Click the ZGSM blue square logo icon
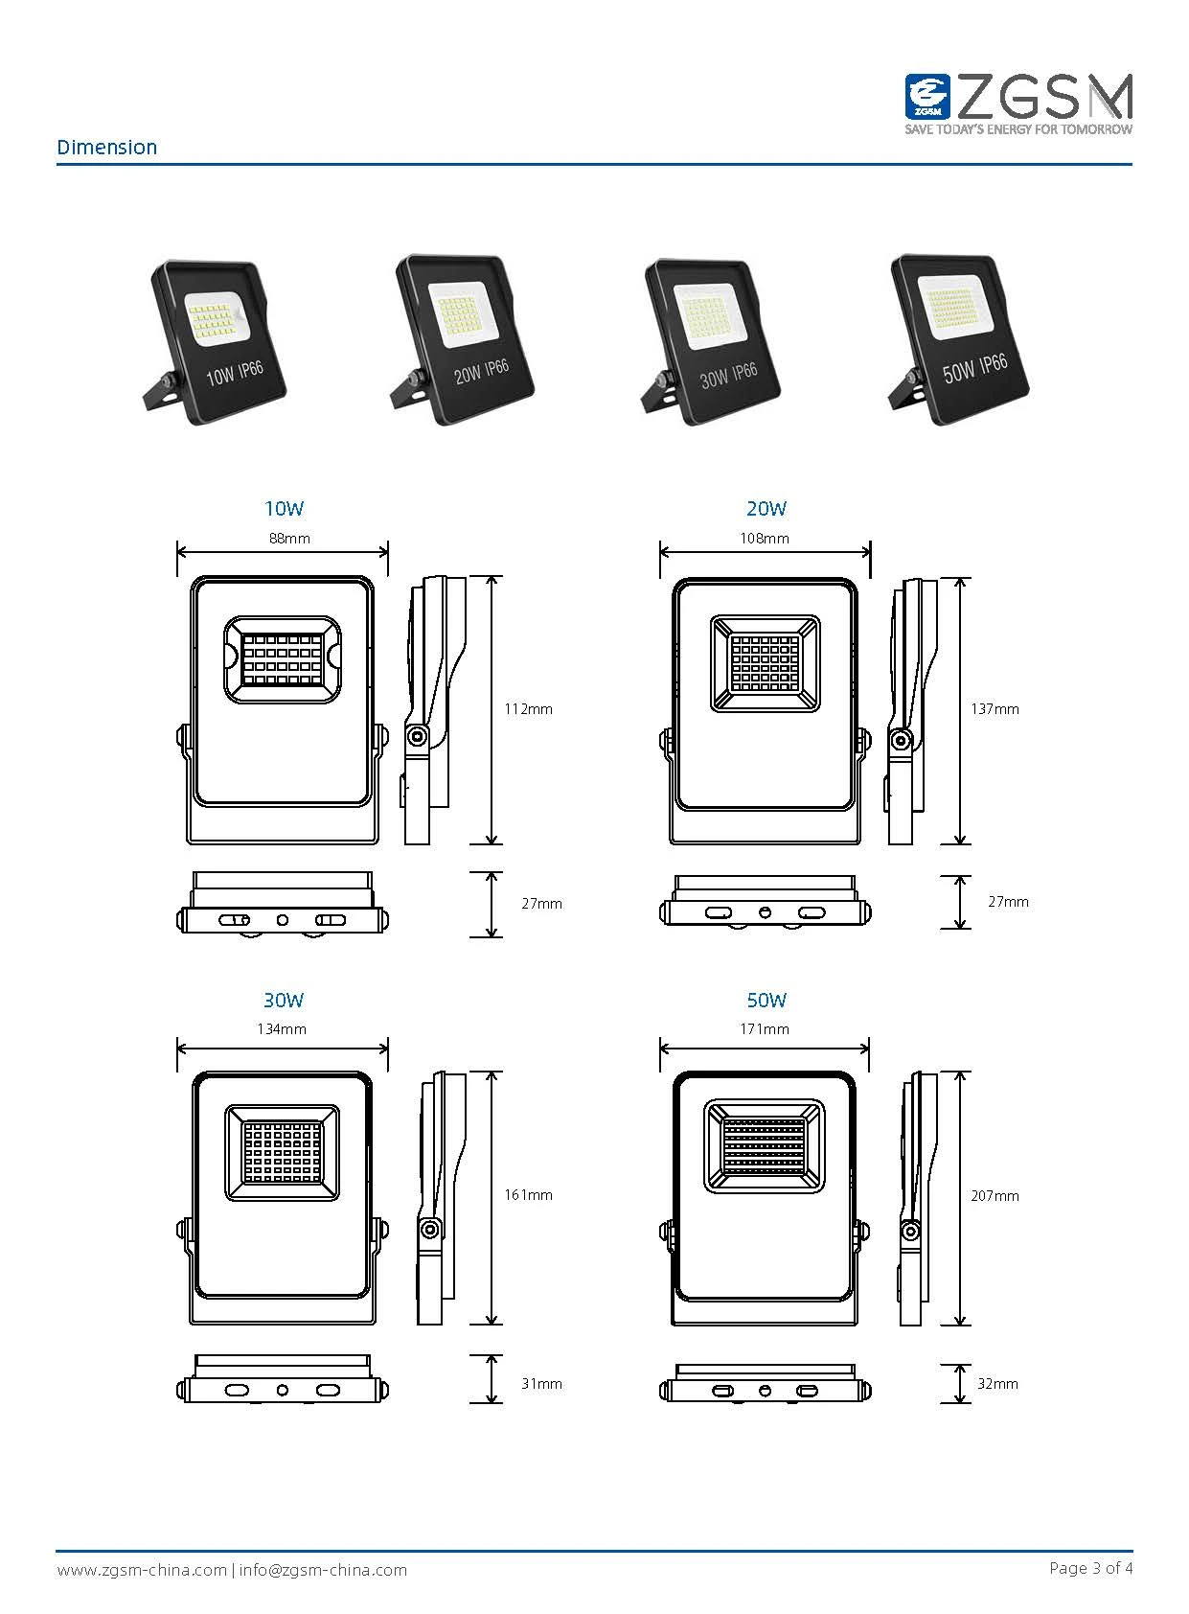927,97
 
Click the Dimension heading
106,147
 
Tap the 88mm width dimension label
289,539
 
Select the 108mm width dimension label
765,539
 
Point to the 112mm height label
529,709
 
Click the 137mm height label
995,709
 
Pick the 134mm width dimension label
282,1029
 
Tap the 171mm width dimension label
765,1029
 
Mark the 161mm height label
529,1194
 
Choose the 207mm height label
995,1195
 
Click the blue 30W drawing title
284,1000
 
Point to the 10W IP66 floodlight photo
215,342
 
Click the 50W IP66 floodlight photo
959,339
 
